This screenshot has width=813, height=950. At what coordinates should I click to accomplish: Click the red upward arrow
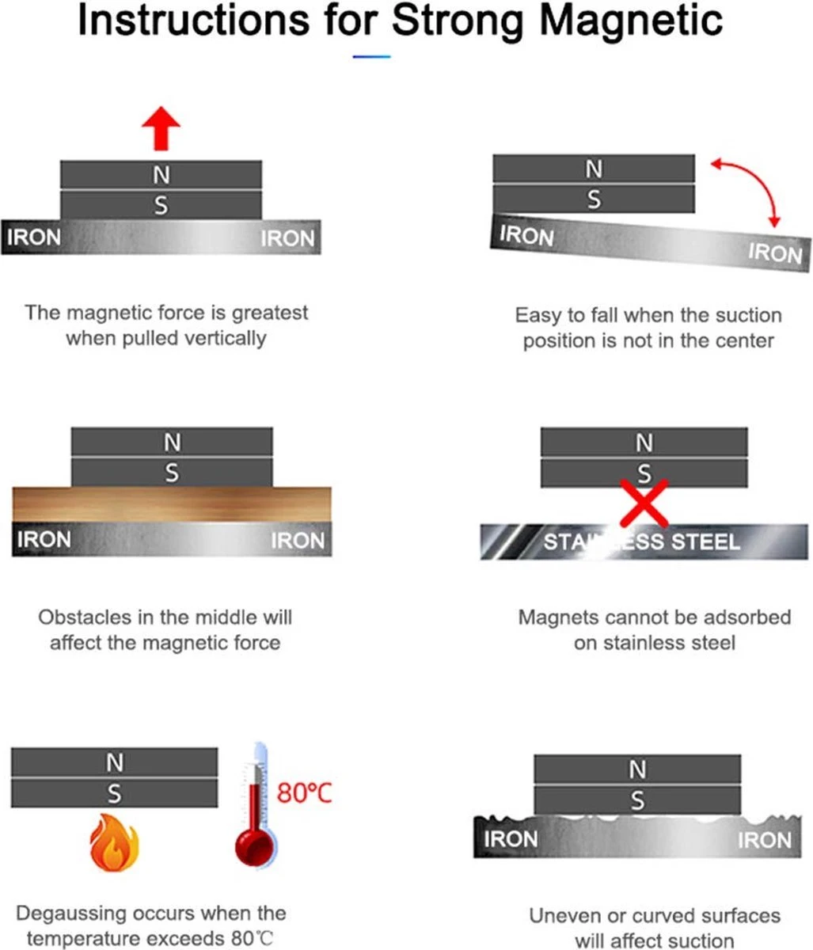pos(161,129)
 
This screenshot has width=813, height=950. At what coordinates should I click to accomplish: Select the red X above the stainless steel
pos(644,503)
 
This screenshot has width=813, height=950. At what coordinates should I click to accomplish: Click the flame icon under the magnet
pos(115,842)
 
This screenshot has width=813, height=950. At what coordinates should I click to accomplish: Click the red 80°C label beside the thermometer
pos(304,792)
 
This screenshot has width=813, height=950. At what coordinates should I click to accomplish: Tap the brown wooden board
pos(172,504)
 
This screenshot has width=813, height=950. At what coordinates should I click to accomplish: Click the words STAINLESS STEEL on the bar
pos(641,541)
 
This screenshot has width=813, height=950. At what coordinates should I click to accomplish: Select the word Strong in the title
pos(458,21)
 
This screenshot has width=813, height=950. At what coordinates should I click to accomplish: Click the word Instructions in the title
pos(194,21)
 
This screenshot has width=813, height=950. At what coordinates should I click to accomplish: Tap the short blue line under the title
pos(372,56)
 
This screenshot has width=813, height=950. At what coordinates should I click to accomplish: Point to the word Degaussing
pos(70,914)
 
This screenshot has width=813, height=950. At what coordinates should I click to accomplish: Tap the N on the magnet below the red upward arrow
pos(161,175)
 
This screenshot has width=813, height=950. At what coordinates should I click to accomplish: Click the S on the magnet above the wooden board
pos(172,473)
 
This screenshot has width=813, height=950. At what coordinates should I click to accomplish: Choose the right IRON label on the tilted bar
pos(775,253)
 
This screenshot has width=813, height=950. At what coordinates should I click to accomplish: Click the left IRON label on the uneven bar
pos(511,839)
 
